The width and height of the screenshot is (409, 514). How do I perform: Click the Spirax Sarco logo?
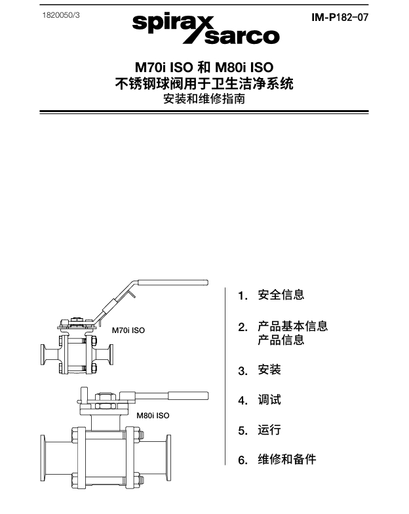pyautogui.click(x=206, y=29)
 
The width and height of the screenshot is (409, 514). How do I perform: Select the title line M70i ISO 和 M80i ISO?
pyautogui.click(x=204, y=68)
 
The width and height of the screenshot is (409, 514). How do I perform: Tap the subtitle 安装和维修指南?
pyautogui.click(x=204, y=100)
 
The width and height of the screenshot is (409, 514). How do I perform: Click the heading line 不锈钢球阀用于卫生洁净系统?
pyautogui.click(x=204, y=84)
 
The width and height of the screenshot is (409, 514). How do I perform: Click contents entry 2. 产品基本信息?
pyautogui.click(x=284, y=326)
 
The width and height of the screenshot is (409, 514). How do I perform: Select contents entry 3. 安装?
pyautogui.click(x=260, y=370)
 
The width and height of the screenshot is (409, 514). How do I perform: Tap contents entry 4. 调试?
pyautogui.click(x=260, y=400)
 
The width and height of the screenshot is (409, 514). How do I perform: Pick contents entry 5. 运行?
pyautogui.click(x=260, y=430)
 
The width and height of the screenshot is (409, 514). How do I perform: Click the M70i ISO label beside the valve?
pyautogui.click(x=128, y=330)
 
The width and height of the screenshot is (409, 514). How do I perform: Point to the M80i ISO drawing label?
pyautogui.click(x=153, y=415)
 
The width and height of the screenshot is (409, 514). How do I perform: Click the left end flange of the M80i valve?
pyautogui.click(x=45, y=461)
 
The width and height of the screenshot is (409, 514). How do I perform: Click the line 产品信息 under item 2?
pyautogui.click(x=281, y=340)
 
